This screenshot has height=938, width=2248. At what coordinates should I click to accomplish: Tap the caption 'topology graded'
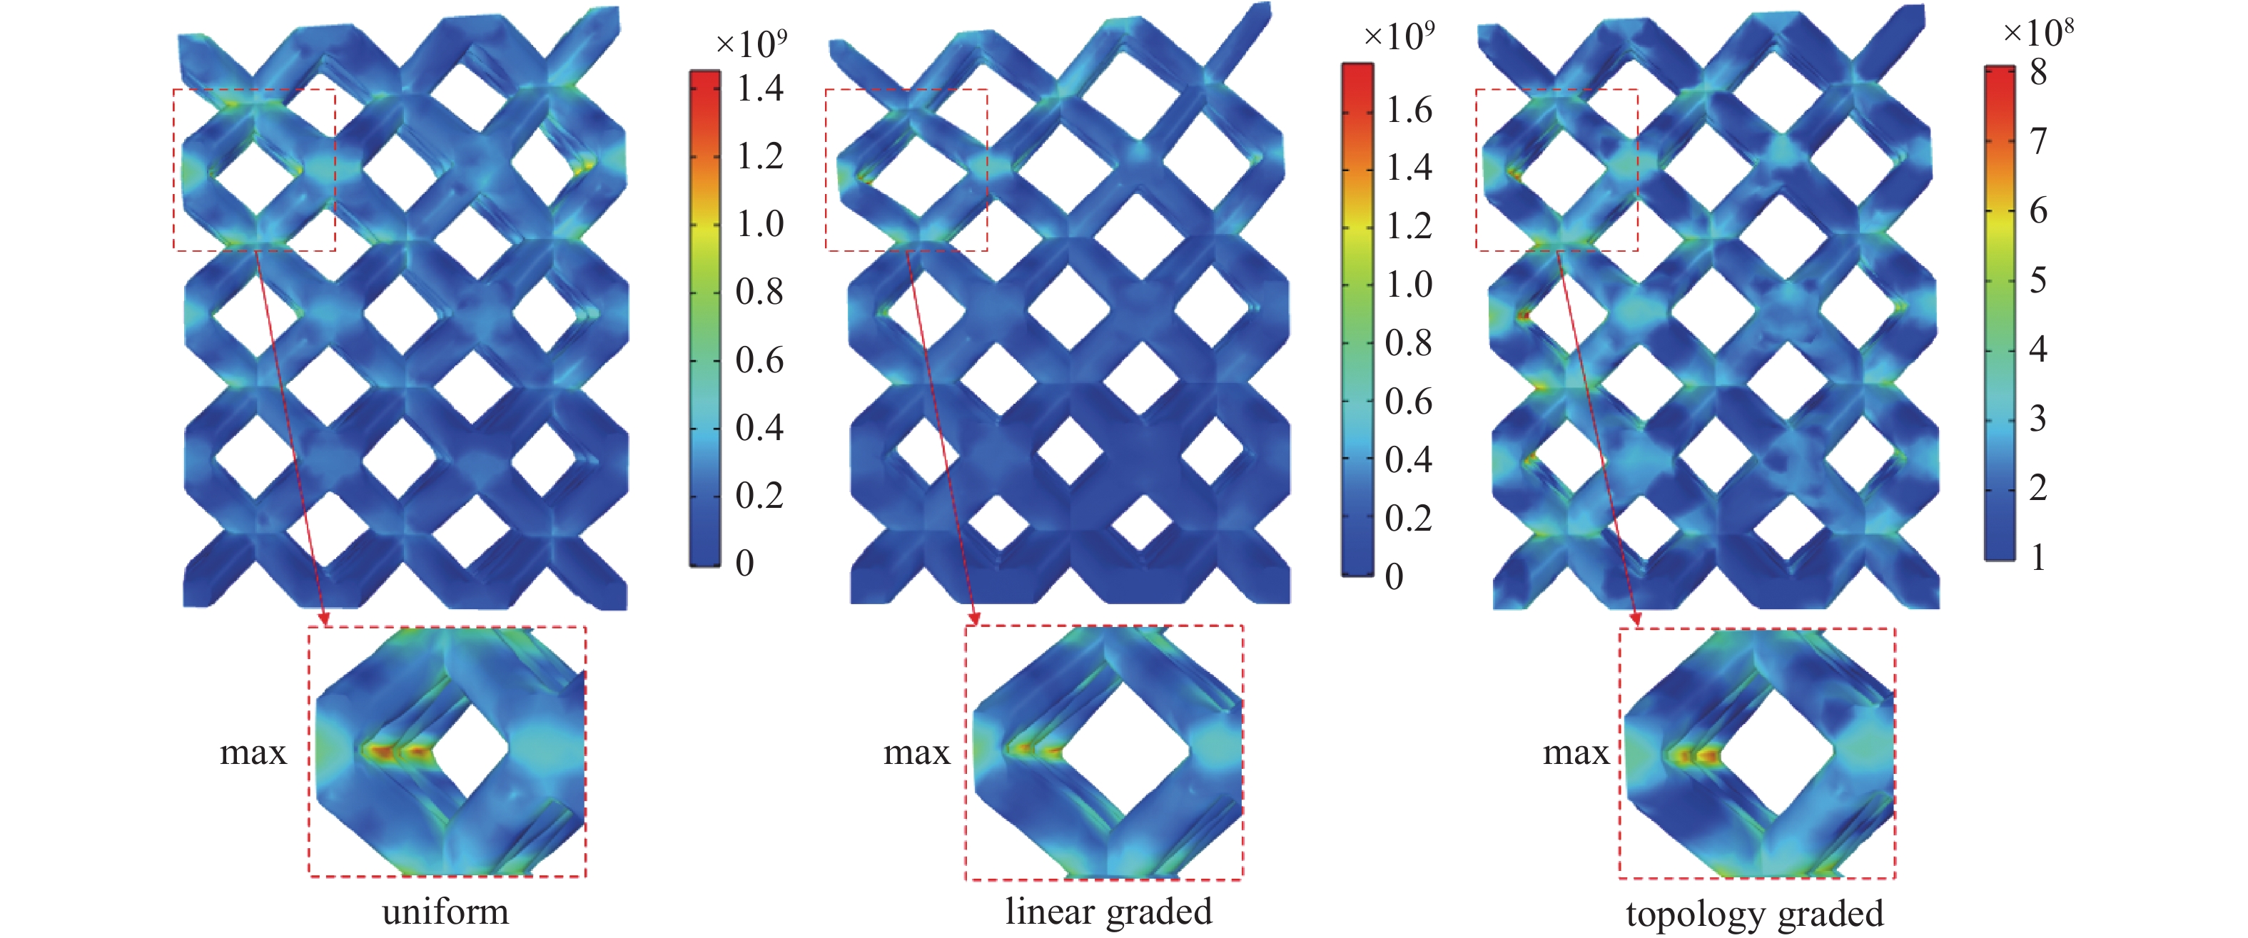1754,914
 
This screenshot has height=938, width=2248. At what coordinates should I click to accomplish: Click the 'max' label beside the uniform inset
253,752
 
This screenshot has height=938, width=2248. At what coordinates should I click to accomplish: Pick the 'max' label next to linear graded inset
916,752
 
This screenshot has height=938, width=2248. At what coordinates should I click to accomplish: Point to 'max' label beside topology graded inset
1576,752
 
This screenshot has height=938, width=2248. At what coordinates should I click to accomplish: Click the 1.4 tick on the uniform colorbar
759,88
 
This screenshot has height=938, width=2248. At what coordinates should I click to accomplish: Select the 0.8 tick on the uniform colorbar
759,292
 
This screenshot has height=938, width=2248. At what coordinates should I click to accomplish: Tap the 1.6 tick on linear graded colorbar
1409,110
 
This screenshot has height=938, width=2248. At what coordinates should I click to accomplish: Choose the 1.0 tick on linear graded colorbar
1409,285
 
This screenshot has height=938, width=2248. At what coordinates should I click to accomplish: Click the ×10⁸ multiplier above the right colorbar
2037,32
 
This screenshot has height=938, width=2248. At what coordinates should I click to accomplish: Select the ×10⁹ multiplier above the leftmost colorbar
751,43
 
